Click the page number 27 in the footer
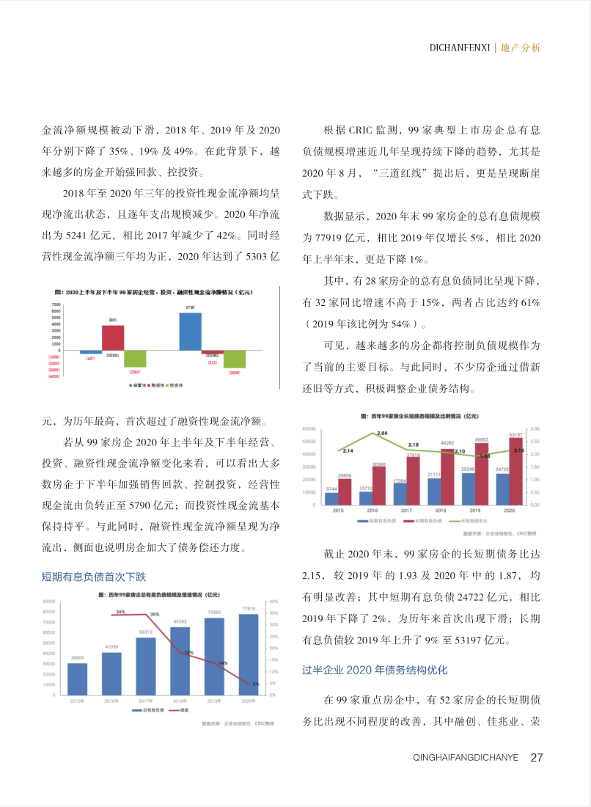pos(536,757)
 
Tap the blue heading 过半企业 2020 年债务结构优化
pos(375,670)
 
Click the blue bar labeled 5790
pos(190,331)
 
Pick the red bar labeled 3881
pos(113,338)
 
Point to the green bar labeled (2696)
pos(234,359)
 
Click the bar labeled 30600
pos(77,679)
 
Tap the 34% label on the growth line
pos(120,611)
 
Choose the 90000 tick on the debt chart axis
pos(49,601)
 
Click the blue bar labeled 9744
pos(331,499)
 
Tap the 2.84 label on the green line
pos(382,434)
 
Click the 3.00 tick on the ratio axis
pos(535,428)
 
